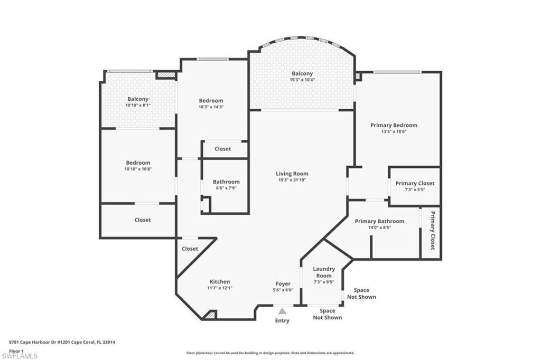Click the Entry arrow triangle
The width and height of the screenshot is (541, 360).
pos(282,311)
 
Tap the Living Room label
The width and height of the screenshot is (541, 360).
pos(292,174)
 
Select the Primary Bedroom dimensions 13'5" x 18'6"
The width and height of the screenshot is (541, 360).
pos(394,131)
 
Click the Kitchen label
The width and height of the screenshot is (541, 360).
pos(220,282)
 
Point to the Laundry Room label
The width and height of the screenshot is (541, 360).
pos(324,272)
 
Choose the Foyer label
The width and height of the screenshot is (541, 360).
pos(283,284)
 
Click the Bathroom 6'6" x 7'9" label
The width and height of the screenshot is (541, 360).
pos(226,182)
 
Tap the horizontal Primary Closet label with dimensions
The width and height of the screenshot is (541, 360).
pos(415,183)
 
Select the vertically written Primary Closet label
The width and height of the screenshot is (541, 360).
pos(432,230)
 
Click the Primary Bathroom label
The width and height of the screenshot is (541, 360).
pos(379,221)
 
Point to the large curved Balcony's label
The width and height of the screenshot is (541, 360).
pos(302,74)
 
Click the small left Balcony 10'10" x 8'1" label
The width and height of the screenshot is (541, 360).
pos(138,99)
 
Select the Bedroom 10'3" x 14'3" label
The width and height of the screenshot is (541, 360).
pos(211,101)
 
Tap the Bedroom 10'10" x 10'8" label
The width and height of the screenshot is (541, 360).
pos(138,163)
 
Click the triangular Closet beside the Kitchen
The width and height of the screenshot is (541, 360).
pos(190,249)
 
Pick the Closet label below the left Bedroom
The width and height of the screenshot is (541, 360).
pos(143,220)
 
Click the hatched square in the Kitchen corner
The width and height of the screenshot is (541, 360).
pos(210,315)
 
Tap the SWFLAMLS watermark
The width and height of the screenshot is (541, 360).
pos(20,356)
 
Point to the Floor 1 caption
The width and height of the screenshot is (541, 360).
pos(16,350)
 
